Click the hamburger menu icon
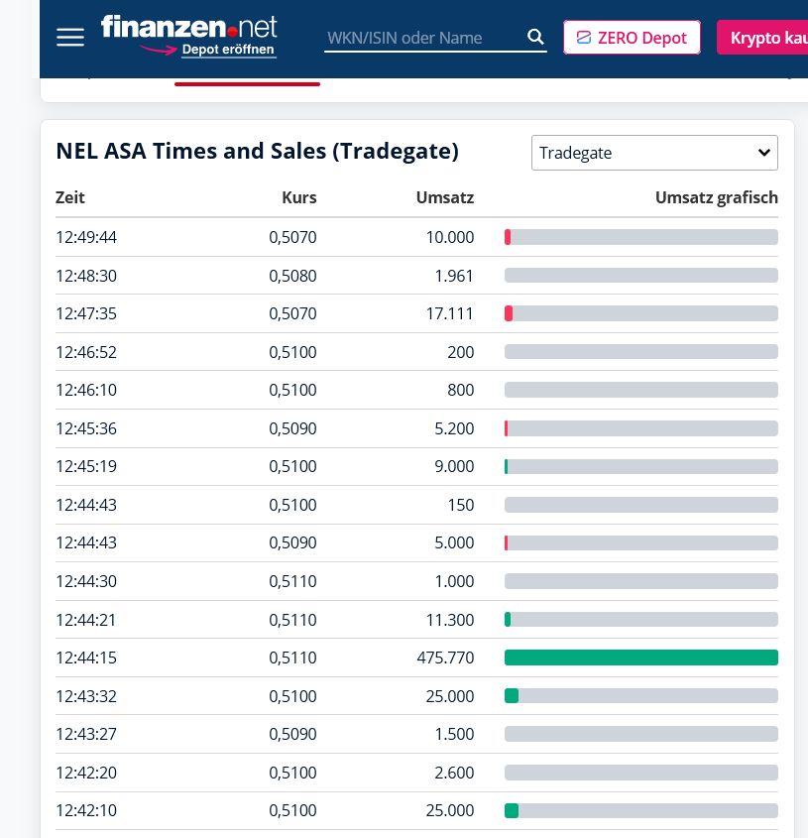(70, 38)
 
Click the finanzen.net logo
(188, 27)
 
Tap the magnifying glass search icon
(535, 38)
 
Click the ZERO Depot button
(632, 38)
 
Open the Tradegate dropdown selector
(654, 153)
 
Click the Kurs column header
(298, 197)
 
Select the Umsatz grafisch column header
(716, 197)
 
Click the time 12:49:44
(86, 237)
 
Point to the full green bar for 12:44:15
(640, 658)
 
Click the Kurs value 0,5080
(292, 276)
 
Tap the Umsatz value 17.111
(448, 313)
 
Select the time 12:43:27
(86, 734)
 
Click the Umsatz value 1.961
(454, 276)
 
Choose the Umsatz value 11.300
(448, 620)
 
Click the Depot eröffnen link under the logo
(228, 50)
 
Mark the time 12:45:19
(86, 466)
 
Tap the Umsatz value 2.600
(454, 773)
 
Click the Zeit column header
(70, 197)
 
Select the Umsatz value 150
(461, 505)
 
